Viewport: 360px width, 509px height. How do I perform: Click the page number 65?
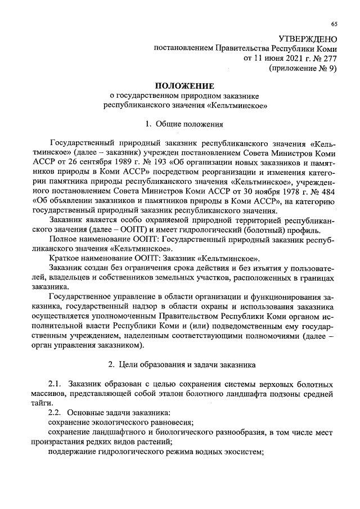(x=334, y=24)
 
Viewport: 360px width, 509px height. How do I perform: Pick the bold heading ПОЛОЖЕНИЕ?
(x=184, y=85)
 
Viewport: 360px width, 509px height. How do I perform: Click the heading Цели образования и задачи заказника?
(x=190, y=364)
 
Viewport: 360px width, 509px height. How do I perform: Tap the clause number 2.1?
(x=57, y=384)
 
